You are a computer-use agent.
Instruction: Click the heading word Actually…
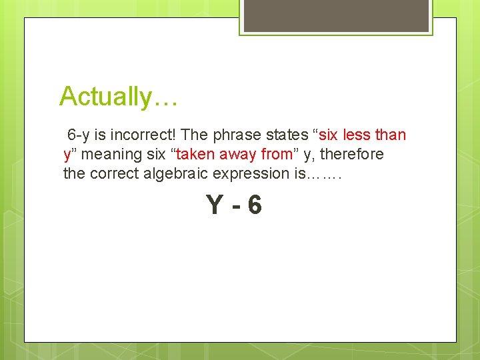(118, 97)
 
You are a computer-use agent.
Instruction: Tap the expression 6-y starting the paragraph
(79, 135)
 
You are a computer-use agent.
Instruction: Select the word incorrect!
(143, 135)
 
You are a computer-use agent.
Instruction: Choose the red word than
(390, 135)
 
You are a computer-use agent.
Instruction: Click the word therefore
(353, 154)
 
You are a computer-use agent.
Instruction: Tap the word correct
(113, 173)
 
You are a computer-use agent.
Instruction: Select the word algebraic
(171, 173)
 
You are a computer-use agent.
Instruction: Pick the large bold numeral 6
(254, 205)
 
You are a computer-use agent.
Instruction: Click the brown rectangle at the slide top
(335, 15)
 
